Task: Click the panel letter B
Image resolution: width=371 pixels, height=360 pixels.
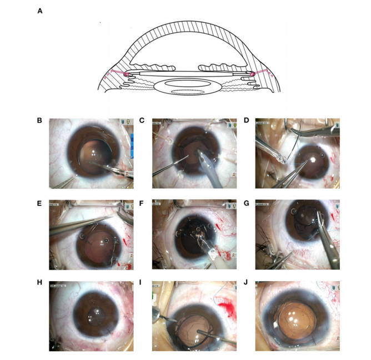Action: pos(41,120)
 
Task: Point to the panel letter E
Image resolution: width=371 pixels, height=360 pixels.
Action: pos(41,203)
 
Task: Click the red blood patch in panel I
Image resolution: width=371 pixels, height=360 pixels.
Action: pos(225,305)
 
